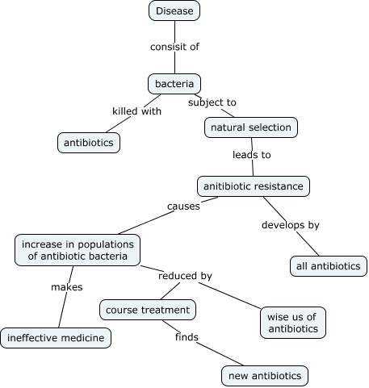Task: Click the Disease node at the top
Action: pyautogui.click(x=174, y=10)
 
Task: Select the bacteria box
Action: pyautogui.click(x=174, y=83)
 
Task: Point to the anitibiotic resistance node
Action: pyautogui.click(x=254, y=186)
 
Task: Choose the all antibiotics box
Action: pyautogui.click(x=329, y=265)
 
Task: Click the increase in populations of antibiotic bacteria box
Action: pyautogui.click(x=78, y=250)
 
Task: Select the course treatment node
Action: pyautogui.click(x=148, y=309)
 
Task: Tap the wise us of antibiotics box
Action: pyautogui.click(x=293, y=322)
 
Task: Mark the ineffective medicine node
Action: pyautogui.click(x=56, y=337)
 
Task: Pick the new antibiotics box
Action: pyautogui.click(x=264, y=375)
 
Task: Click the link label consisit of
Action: pyautogui.click(x=174, y=47)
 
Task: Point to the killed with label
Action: pyautogui.click(x=136, y=111)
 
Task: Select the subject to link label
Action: pyautogui.click(x=212, y=102)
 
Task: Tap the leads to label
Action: pyautogui.click(x=252, y=154)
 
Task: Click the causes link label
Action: pyautogui.click(x=183, y=207)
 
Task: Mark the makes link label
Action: pyautogui.click(x=67, y=286)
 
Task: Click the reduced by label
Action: pyautogui.click(x=185, y=276)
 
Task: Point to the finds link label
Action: pyautogui.click(x=187, y=336)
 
